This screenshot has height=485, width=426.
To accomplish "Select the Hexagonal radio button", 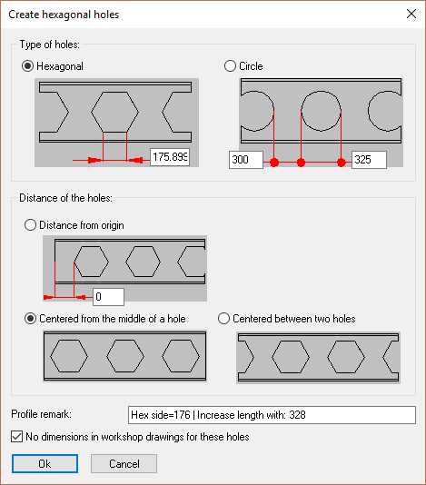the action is pyautogui.click(x=27, y=66).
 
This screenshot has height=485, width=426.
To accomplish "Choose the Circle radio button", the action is pyautogui.click(x=230, y=66).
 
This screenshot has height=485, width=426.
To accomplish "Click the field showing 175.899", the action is pyautogui.click(x=170, y=157).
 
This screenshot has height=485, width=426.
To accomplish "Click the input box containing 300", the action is pyautogui.click(x=246, y=160).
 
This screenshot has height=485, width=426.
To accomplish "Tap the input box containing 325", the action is pyautogui.click(x=369, y=160).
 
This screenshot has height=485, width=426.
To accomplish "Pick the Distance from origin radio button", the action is pyautogui.click(x=30, y=225).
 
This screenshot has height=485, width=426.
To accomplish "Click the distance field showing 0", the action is pyautogui.click(x=109, y=297).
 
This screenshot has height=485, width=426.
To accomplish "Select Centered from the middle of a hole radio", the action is pyautogui.click(x=30, y=319).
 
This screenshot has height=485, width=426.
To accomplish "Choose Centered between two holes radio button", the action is pyautogui.click(x=223, y=319).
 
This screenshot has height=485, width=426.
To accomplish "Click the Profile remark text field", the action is pyautogui.click(x=272, y=415).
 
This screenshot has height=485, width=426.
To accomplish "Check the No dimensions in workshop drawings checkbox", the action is pyautogui.click(x=16, y=437).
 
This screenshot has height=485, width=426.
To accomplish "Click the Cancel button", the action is pyautogui.click(x=124, y=464).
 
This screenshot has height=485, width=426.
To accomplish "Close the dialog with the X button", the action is pyautogui.click(x=411, y=14).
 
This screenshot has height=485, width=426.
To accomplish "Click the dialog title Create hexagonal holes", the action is pyautogui.click(x=64, y=15).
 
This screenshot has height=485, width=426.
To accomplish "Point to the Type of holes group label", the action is pyautogui.click(x=49, y=45).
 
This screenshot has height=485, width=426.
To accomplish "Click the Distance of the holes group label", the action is pyautogui.click(x=66, y=198).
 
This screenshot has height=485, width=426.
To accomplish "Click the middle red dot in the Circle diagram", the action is pyautogui.click(x=301, y=162).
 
